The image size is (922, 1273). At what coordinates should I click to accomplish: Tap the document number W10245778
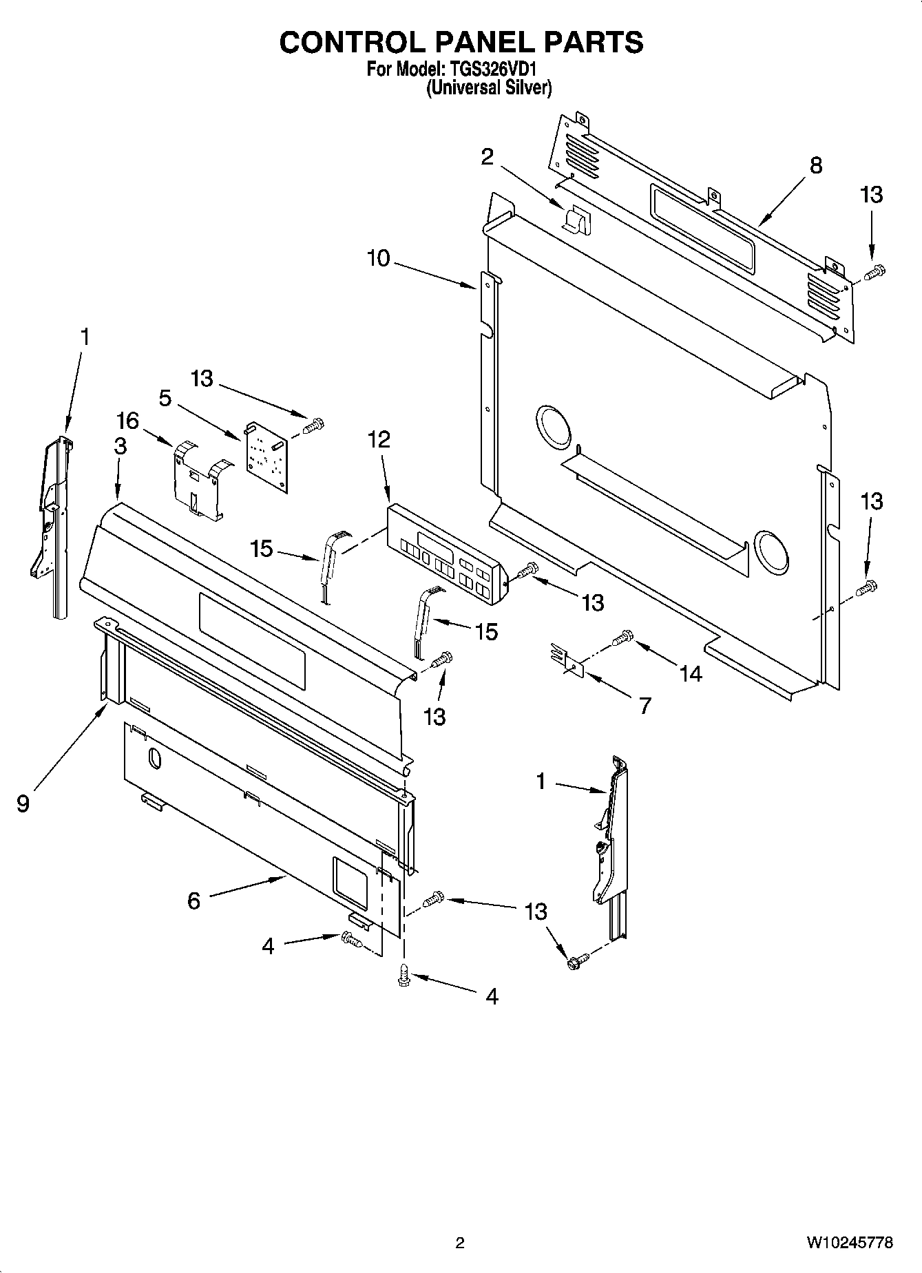[x=850, y=1243]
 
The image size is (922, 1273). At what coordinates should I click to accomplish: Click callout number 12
[x=379, y=439]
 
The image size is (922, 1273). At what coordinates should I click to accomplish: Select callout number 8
[x=816, y=166]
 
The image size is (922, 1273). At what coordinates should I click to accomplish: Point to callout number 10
[x=379, y=258]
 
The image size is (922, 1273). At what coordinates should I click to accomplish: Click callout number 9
[x=23, y=803]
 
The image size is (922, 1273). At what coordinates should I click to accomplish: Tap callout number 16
[x=128, y=420]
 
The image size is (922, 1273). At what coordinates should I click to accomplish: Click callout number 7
[x=645, y=705]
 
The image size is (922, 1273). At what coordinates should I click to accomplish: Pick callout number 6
[x=193, y=900]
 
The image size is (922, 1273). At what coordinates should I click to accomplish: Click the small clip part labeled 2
[x=574, y=220]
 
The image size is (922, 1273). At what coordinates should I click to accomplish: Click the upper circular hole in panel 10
[x=553, y=423]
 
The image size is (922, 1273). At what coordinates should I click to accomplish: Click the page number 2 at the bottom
[x=460, y=1243]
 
